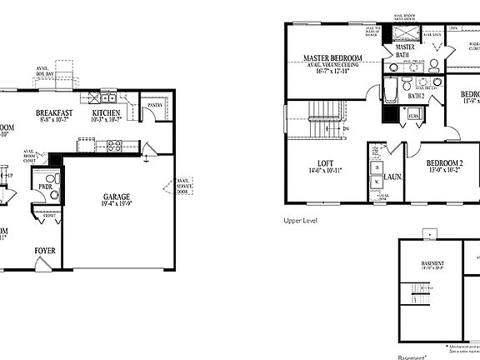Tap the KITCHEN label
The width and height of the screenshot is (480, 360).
107,112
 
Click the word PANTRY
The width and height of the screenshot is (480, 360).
154,106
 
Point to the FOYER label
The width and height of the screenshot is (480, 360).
45,250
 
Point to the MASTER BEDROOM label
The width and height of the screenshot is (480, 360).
332,59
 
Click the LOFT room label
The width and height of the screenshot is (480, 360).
325,164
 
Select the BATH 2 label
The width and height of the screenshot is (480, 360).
417,96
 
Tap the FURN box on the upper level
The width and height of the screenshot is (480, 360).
413,115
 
